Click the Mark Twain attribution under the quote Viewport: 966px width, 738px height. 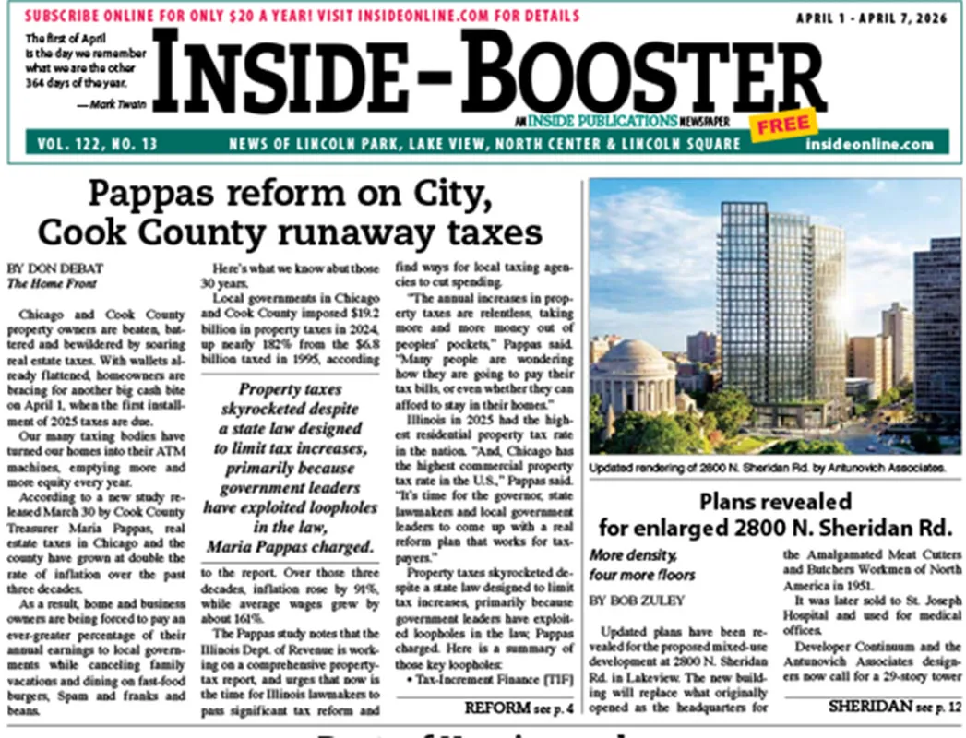109,104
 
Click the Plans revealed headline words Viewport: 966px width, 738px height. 774,502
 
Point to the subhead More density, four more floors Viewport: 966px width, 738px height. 642,565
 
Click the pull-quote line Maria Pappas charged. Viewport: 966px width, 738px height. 290,546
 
